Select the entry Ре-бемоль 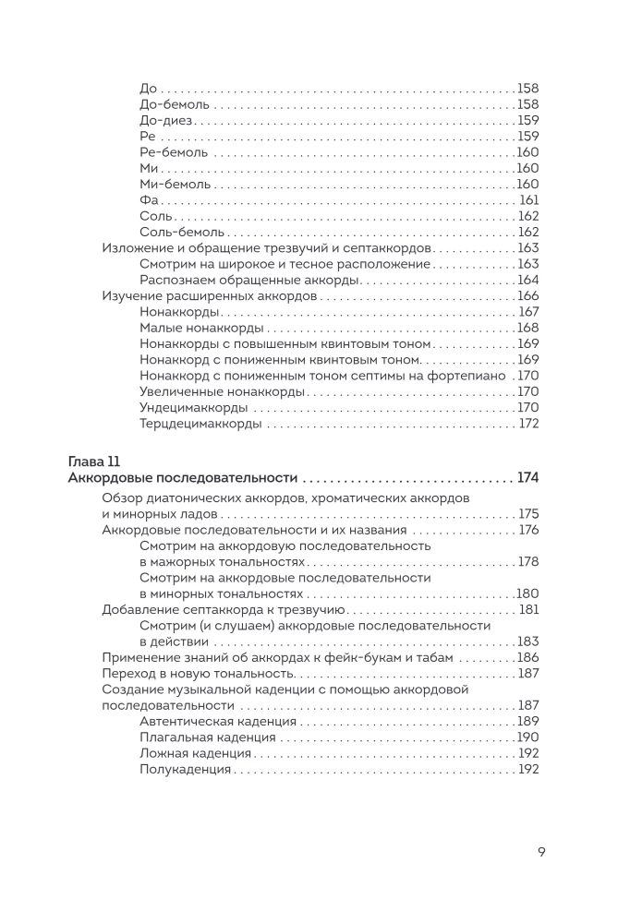tap(174, 152)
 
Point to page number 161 tap(528, 200)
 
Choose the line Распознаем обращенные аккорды tap(248, 280)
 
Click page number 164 tap(527, 280)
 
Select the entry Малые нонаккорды tap(201, 328)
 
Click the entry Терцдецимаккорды tap(200, 424)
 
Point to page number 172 tap(528, 424)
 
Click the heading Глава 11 tap(95, 461)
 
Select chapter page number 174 tap(527, 478)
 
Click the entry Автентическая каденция tap(217, 721)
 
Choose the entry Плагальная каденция tap(208, 737)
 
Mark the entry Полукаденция tap(185, 769)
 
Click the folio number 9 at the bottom tap(541, 852)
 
